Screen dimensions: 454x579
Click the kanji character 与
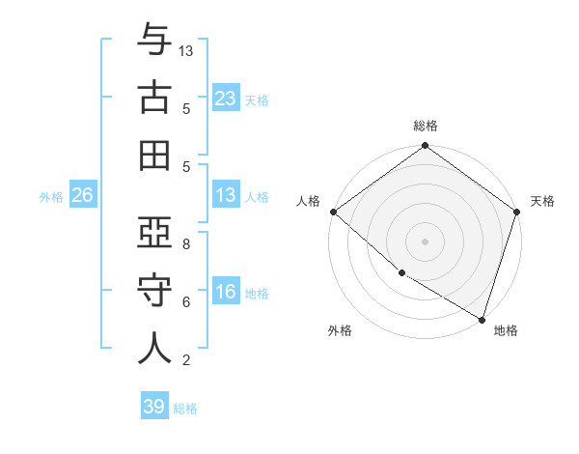154,41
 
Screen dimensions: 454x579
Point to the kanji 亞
154,233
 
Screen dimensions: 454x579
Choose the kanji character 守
154,290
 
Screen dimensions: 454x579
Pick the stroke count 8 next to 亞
186,244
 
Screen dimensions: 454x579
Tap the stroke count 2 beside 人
186,360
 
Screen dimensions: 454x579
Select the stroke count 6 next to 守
186,302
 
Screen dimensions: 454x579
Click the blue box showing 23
225,99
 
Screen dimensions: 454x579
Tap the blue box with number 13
225,196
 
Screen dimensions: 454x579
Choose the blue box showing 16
225,293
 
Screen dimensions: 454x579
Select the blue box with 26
82,196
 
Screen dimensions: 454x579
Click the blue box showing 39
153,407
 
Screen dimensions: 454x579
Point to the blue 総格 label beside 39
185,409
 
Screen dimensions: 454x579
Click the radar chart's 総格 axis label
426,127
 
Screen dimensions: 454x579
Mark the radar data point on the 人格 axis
333,212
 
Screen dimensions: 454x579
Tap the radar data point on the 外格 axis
401,273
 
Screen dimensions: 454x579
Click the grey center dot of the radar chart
426,241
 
